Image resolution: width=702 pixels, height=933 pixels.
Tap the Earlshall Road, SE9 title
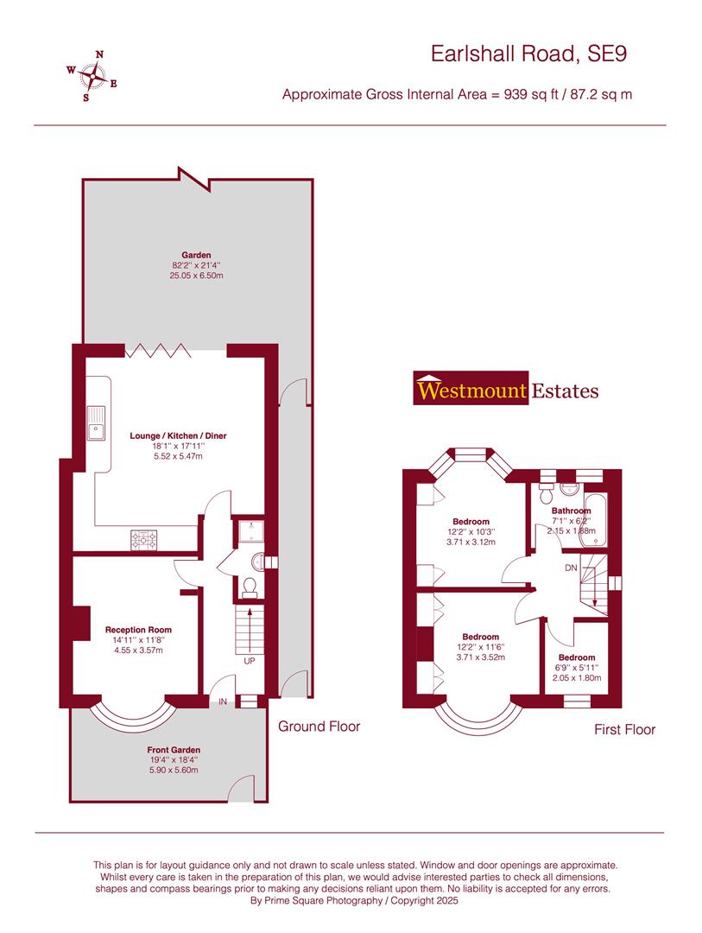tap(528, 54)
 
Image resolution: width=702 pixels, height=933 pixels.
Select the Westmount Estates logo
tap(507, 390)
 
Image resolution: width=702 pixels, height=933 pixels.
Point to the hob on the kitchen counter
tap(145, 540)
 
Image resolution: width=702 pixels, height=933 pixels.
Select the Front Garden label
tap(173, 750)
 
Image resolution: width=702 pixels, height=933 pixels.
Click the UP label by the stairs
tap(250, 661)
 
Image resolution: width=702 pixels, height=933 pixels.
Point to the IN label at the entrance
tap(222, 702)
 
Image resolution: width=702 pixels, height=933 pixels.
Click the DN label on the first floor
tap(571, 568)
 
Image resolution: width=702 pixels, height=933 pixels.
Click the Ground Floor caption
tap(319, 727)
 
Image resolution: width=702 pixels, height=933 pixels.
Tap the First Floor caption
tap(624, 729)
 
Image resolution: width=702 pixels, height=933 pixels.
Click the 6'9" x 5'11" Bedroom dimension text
tap(576, 668)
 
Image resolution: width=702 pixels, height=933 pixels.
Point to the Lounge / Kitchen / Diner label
tap(178, 436)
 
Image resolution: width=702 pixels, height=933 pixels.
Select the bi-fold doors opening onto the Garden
tap(158, 350)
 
